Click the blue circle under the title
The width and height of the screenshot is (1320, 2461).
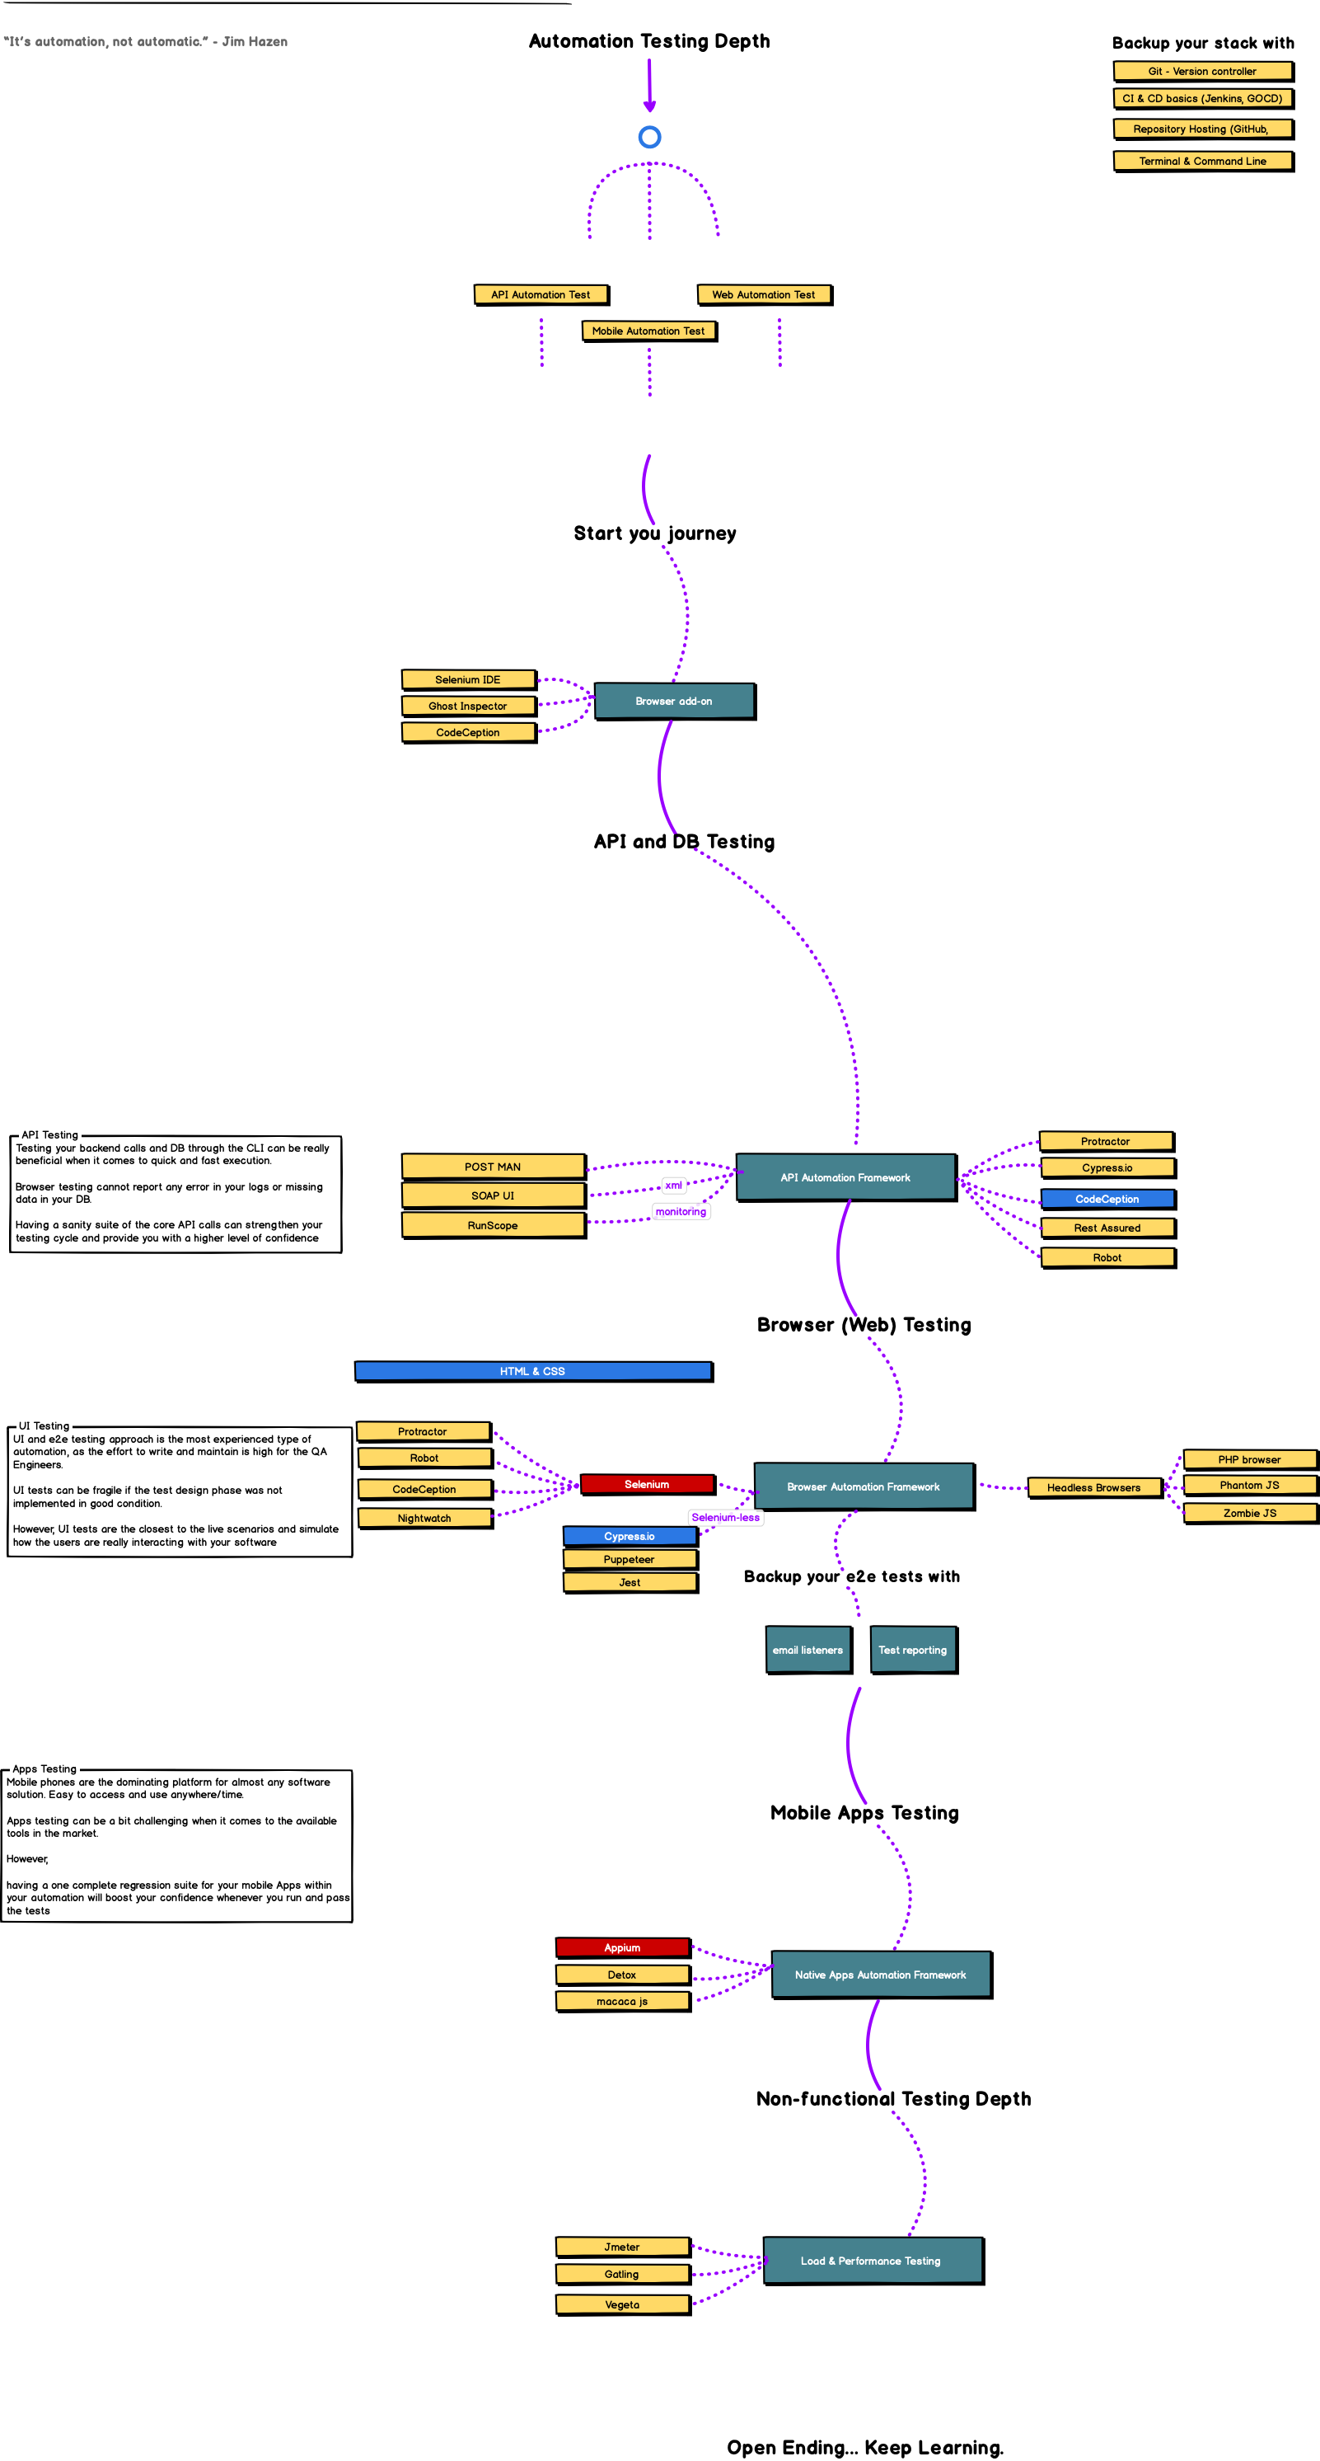649,138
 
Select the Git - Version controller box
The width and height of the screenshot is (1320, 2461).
1202,72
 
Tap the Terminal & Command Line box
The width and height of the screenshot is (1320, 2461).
1202,162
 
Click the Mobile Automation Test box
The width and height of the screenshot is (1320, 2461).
648,331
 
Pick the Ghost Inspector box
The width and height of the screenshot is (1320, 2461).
468,706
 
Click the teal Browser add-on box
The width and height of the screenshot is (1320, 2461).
674,702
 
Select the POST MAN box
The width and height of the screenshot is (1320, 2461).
493,1167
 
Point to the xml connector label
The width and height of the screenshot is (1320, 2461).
673,1186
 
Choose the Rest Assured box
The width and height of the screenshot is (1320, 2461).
1107,1228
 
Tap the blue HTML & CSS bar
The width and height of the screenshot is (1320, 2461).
533,1371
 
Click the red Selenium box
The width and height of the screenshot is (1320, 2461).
647,1485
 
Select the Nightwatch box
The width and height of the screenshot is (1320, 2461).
424,1518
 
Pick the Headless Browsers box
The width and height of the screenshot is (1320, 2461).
1093,1487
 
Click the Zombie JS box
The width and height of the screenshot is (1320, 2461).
1249,1513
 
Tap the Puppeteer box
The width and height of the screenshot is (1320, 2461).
630,1559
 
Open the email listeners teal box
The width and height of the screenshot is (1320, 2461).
808,1650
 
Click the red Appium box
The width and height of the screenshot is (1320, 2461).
623,1947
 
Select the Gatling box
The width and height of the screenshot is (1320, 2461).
622,2274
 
